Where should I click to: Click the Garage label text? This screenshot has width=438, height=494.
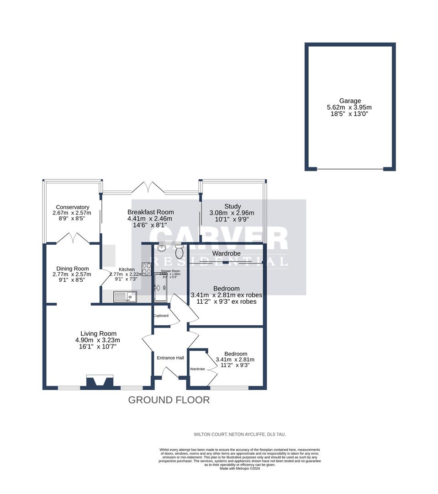(350, 101)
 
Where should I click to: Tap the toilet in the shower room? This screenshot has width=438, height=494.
(179, 251)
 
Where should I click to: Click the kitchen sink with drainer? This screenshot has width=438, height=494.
(125, 296)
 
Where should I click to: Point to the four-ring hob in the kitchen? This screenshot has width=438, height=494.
(147, 269)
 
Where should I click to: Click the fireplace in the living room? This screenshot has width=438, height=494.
(100, 382)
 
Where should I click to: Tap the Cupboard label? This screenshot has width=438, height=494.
(161, 316)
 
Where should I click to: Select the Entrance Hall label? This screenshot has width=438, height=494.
(170, 358)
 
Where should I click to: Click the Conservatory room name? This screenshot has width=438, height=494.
(72, 207)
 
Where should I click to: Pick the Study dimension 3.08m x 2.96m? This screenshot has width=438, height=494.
(232, 213)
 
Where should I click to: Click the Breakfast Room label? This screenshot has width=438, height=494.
(150, 212)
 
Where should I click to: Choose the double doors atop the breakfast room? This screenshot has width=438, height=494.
(150, 186)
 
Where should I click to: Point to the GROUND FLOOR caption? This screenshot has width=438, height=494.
(169, 400)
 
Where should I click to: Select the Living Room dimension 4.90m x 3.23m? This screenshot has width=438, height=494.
(98, 340)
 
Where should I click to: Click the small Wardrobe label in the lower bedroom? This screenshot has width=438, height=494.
(197, 369)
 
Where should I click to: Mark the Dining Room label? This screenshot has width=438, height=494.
(72, 268)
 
